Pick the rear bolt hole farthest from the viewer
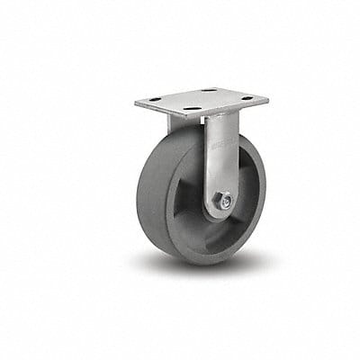[208, 90]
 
